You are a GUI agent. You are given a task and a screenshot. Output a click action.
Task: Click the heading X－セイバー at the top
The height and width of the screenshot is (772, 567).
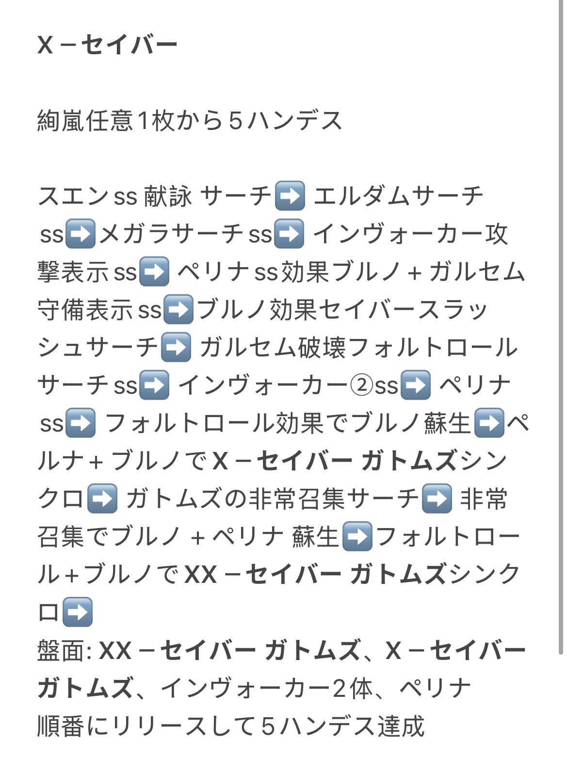107,46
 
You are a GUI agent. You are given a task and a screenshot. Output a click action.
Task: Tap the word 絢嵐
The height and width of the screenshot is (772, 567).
61,121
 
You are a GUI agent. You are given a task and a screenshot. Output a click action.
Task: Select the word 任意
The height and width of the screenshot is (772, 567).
109,121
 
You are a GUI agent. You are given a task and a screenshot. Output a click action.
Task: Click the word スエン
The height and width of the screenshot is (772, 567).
73,196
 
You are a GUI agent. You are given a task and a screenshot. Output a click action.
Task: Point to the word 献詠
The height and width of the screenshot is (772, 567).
168,196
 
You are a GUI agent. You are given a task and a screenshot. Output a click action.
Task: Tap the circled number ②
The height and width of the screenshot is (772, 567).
361,386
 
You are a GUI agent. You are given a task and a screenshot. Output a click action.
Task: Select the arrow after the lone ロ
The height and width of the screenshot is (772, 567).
78,612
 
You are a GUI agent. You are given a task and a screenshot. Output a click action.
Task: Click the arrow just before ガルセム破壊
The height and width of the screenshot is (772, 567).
175,348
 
